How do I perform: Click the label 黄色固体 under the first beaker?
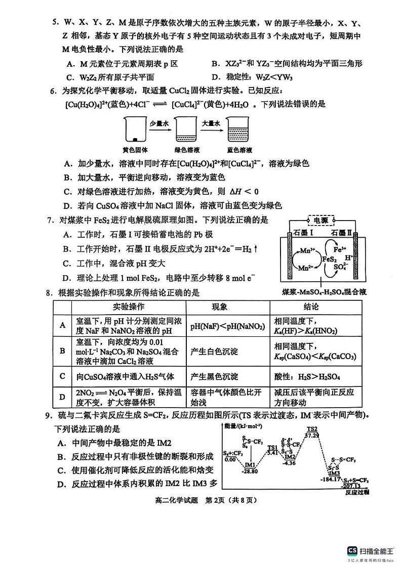(135, 150)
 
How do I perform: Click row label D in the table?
(63, 397)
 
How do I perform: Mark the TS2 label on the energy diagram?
(312, 429)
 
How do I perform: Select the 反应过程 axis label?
(357, 491)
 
